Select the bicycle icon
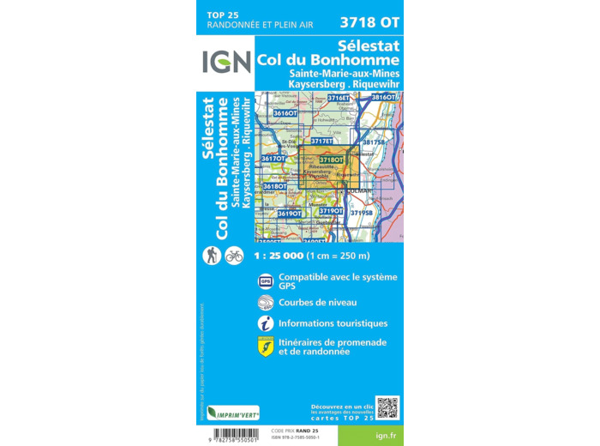(x=234, y=255)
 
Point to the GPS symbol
(x=265, y=280)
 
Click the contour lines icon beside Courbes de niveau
(x=265, y=302)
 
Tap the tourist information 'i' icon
(x=265, y=323)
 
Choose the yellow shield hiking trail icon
(x=265, y=347)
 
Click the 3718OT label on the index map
(x=331, y=160)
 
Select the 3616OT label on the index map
(x=285, y=113)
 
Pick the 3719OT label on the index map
(x=331, y=210)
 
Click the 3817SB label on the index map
(x=374, y=143)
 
